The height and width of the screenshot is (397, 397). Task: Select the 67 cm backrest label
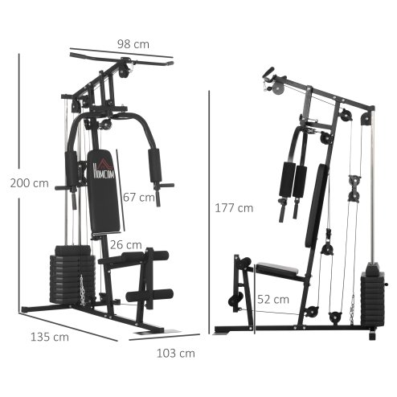[141, 197]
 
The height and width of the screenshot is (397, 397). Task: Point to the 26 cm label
[125, 244]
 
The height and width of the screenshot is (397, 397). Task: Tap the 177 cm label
[235, 207]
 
